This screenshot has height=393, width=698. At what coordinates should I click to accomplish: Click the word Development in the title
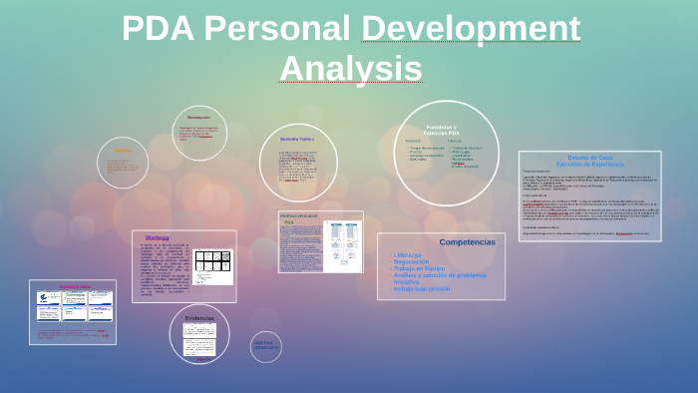(471, 28)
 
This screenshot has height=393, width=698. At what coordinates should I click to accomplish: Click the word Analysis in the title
(350, 68)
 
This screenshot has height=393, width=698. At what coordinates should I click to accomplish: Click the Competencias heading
(467, 242)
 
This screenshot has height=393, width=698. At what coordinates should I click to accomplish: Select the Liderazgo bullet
(409, 254)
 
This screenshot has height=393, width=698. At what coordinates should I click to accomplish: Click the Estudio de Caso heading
(589, 158)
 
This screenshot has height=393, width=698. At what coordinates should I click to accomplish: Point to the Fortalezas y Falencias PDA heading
(441, 131)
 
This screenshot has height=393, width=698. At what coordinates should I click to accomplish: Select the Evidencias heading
(199, 317)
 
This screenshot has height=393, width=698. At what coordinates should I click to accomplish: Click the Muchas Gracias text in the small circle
(266, 345)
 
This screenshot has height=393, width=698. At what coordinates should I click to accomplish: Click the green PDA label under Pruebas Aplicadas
(289, 222)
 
